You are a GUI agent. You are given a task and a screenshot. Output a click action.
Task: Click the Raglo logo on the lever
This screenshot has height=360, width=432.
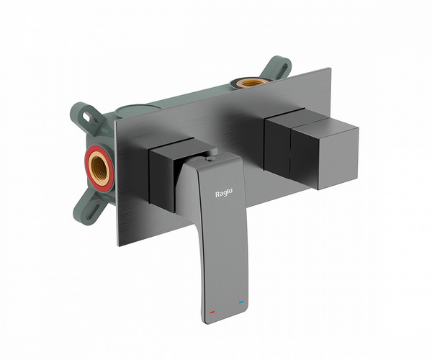224,193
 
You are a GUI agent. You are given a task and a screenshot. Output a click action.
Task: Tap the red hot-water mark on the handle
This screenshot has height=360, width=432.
212,312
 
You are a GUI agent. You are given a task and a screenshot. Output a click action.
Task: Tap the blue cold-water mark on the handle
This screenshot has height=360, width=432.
242,302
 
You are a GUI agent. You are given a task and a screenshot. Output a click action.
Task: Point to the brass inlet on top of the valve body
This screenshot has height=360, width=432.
250,83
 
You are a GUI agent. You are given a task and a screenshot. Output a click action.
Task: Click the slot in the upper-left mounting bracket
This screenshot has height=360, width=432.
88,116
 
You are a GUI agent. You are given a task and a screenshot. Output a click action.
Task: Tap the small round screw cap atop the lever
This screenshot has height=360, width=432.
211,158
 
